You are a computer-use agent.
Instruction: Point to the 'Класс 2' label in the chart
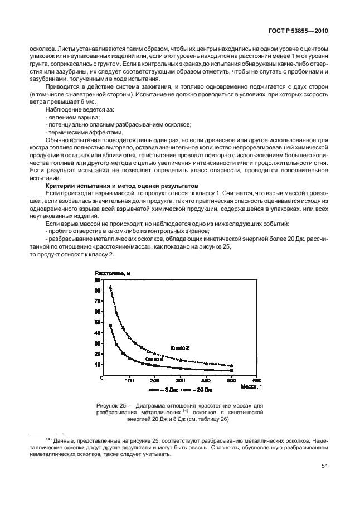click(x=179, y=347)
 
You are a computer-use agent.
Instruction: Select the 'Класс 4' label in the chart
click(x=154, y=360)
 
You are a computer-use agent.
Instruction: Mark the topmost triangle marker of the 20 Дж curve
click(x=110, y=287)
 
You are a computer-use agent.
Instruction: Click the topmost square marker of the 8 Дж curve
click(x=110, y=326)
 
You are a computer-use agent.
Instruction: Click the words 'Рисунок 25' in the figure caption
click(x=115, y=404)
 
